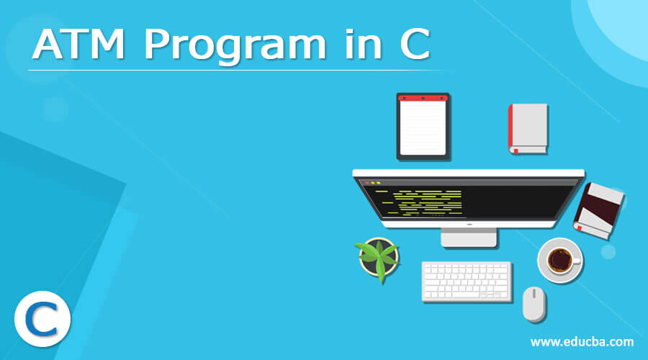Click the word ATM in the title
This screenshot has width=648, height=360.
point(78,44)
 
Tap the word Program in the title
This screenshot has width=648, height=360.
point(235,47)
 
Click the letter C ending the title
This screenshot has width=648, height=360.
point(415,44)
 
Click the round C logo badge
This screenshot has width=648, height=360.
point(42,319)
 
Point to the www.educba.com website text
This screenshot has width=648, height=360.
point(582,342)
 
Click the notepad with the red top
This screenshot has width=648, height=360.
point(423,127)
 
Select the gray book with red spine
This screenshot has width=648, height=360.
point(528,129)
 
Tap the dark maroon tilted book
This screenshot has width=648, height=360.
point(598,211)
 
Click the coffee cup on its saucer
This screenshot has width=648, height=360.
point(560,261)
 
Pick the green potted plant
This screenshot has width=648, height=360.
point(378,258)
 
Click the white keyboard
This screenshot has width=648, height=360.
point(467,282)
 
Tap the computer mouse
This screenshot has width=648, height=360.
point(534,304)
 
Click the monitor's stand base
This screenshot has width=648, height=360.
point(469,238)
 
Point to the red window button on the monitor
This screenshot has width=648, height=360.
point(367,183)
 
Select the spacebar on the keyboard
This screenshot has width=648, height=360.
point(466,295)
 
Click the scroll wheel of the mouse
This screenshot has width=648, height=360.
point(534,294)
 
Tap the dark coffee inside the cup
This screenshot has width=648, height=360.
point(559,260)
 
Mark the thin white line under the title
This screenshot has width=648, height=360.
point(235,71)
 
